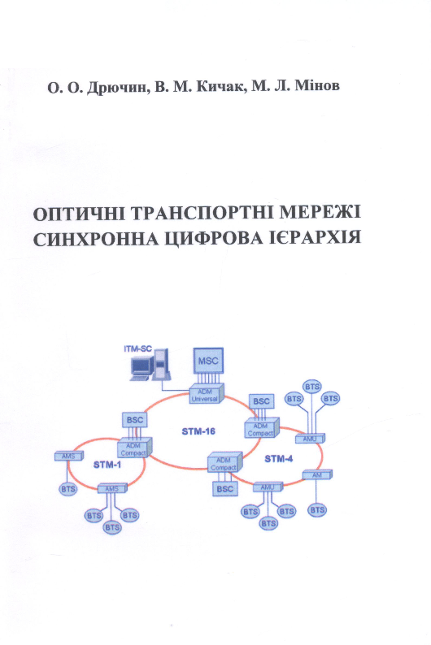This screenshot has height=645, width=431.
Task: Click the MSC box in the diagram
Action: (208, 361)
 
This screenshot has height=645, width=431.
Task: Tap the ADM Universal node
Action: (207, 394)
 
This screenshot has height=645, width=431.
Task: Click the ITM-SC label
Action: (137, 349)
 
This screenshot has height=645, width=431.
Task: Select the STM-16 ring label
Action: (198, 431)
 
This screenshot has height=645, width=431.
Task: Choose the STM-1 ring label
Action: (107, 465)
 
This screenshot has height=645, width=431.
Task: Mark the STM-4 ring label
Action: (279, 459)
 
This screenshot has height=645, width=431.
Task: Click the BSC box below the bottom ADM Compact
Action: (224, 489)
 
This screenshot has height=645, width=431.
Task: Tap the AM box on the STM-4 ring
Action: (317, 475)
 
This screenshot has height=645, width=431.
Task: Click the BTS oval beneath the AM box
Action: (317, 510)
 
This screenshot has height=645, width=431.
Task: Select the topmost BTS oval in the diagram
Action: (312, 387)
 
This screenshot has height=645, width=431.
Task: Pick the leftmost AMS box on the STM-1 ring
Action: (69, 457)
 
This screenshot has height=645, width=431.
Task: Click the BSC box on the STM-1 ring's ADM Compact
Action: (135, 420)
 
